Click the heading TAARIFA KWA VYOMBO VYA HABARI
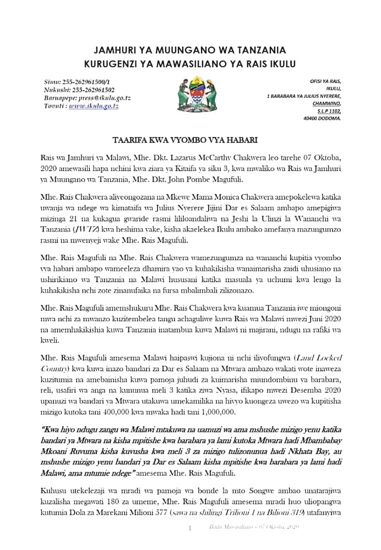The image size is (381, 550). (x=189, y=139)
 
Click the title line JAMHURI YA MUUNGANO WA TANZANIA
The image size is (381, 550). (x=190, y=49)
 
